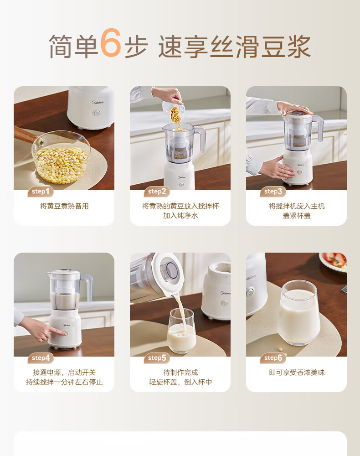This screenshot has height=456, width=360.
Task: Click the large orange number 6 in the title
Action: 111,43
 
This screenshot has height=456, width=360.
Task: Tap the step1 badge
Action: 41,192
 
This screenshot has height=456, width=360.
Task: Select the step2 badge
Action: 157,192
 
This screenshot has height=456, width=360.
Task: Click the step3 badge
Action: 273,192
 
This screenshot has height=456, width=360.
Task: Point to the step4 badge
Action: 41,358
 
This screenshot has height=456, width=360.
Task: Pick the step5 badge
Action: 157,358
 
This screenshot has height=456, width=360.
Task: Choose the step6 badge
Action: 273,358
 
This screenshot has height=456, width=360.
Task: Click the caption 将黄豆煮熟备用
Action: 64,206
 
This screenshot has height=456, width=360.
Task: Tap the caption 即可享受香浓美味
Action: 297,373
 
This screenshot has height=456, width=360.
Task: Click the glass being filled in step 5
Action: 181,331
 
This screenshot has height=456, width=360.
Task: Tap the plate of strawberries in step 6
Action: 334,261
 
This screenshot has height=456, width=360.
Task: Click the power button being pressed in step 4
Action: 67,333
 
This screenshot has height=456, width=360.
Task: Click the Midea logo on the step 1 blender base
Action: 98,102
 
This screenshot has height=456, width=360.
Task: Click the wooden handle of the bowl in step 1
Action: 26,135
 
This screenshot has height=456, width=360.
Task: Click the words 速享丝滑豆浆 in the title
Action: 235,47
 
